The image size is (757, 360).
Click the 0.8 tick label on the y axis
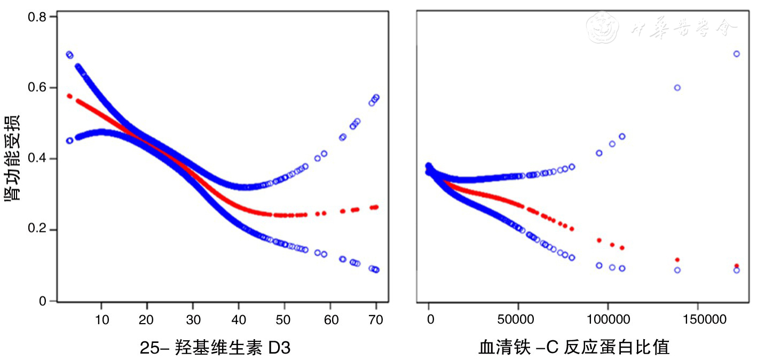[x=37, y=17]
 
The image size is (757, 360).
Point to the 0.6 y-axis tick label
[x=37, y=88]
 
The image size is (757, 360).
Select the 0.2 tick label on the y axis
[x=37, y=230]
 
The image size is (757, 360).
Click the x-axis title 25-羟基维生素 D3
[x=216, y=348]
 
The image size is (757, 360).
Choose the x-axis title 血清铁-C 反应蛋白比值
[x=574, y=348]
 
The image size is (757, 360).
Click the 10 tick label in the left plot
[x=101, y=319]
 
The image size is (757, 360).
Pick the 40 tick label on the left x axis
[x=239, y=319]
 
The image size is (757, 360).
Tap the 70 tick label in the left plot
[x=376, y=319]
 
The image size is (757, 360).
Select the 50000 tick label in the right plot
[x=518, y=319]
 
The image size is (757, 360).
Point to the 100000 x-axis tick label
[x=608, y=319]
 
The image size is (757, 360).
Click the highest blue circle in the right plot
[x=737, y=54]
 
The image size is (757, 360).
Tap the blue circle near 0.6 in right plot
[x=677, y=88]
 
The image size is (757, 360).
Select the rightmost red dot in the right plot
[x=737, y=266]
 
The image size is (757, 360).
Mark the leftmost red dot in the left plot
[x=69, y=96]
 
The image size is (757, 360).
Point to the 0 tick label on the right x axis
[x=428, y=319]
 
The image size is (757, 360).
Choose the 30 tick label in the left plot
[x=193, y=319]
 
